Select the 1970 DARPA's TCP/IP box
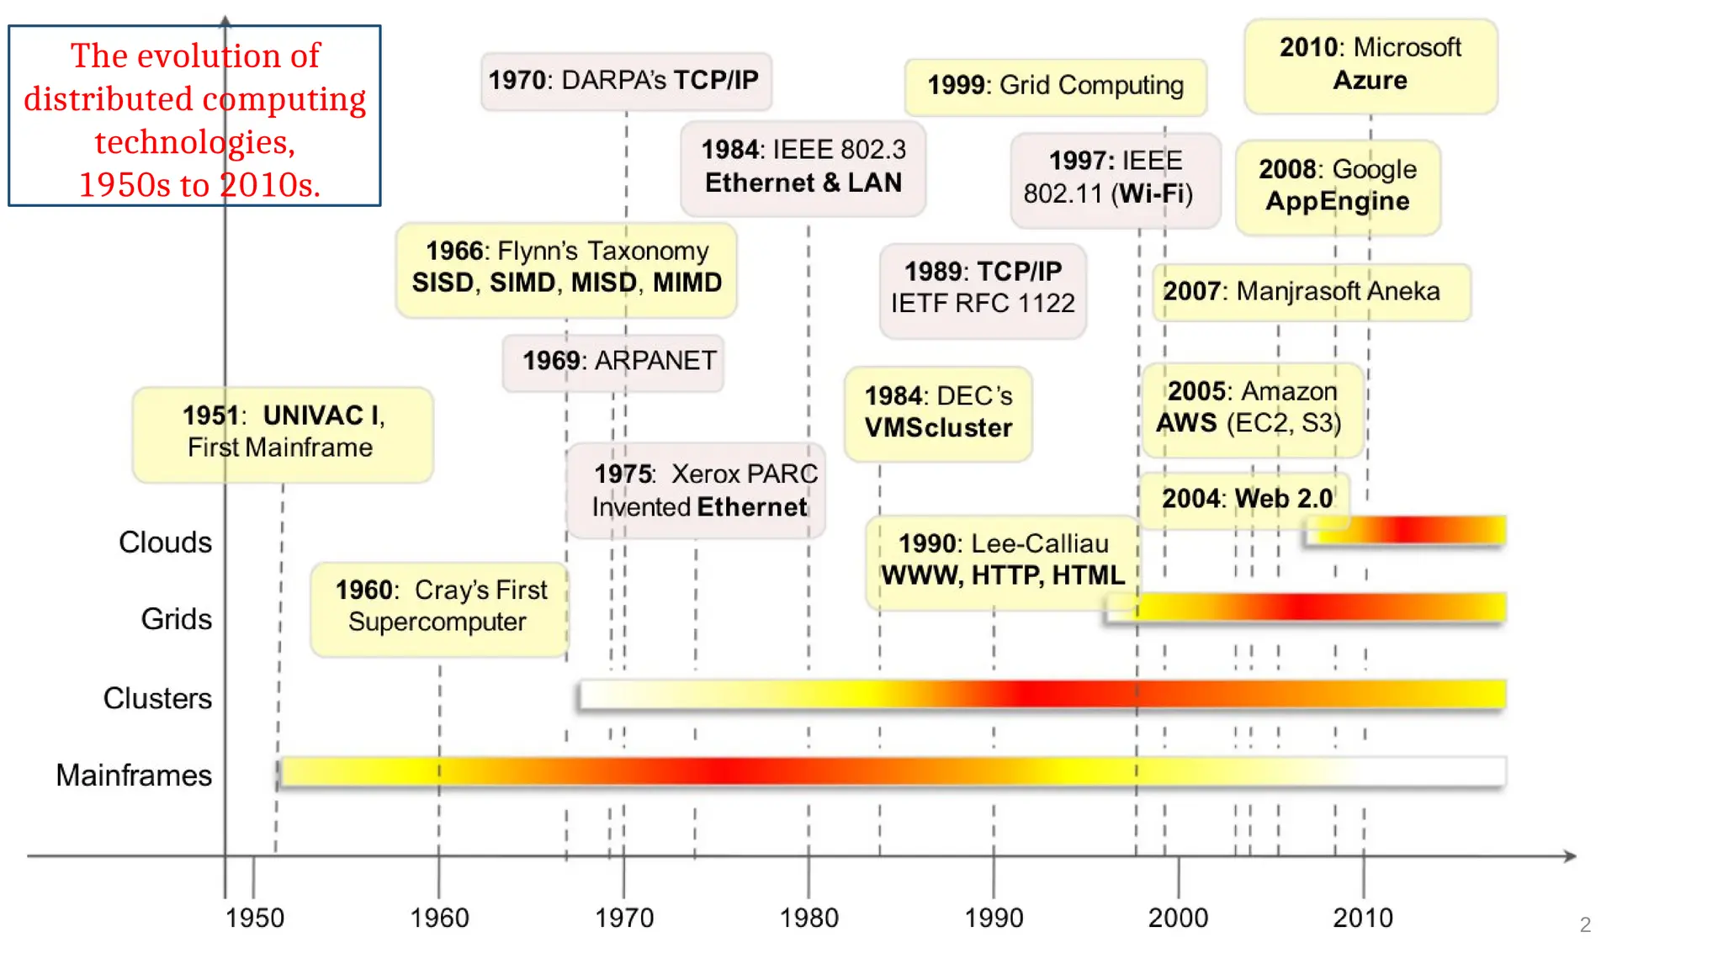625,81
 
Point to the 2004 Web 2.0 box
1245,499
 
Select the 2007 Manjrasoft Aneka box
1310,292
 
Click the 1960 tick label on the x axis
439,918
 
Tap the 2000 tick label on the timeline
1178,918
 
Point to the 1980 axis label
808,918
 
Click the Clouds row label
166,543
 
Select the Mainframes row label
134,775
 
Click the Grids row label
177,619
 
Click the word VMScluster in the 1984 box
938,428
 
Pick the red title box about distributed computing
194,115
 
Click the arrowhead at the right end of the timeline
1570,856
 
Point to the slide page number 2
1585,924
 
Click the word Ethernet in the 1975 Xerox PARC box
752,507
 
